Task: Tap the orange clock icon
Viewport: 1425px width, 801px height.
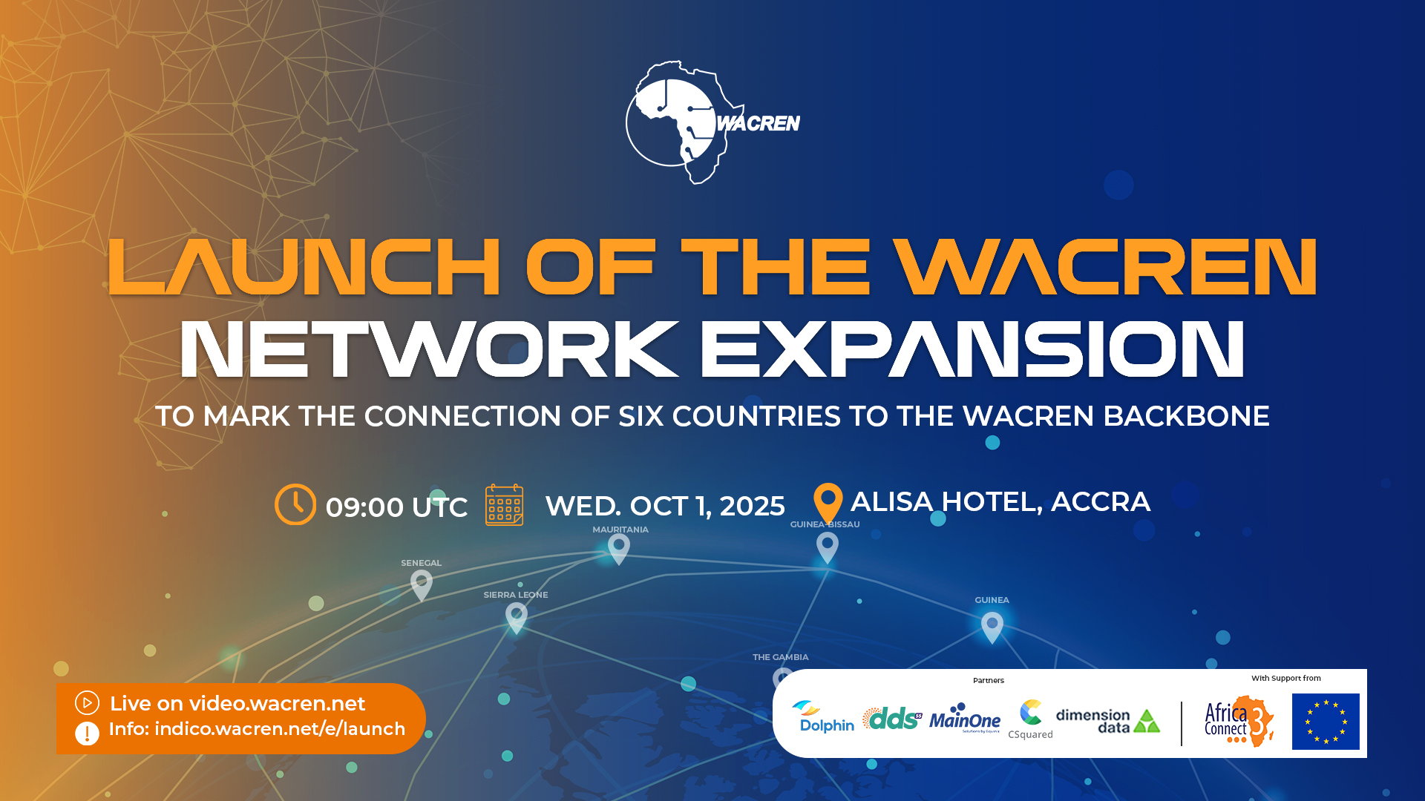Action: pos(295,504)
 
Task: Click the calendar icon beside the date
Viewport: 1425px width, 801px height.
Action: pos(504,505)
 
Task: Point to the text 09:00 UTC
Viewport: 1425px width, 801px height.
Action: pos(396,507)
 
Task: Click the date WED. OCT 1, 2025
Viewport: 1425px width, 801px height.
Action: pos(664,506)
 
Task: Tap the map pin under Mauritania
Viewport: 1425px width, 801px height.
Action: pos(619,548)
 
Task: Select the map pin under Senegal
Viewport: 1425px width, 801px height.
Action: pos(422,584)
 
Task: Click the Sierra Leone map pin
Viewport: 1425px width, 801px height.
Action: pos(517,616)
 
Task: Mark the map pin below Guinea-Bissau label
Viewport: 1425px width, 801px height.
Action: pos(827,547)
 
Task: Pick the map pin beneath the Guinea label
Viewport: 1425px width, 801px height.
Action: pos(992,626)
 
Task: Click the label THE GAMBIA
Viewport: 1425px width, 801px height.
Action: pos(780,657)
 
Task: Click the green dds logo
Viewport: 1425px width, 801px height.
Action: pos(892,718)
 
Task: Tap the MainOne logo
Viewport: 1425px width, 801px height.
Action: pos(965,718)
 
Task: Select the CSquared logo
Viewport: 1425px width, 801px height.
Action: pos(1030,718)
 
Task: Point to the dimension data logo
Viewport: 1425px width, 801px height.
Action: pos(1107,720)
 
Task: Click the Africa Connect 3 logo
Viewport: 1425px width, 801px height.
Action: pos(1238,721)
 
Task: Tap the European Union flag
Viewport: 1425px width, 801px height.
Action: pos(1326,722)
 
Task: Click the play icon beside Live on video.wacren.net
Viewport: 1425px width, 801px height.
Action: pos(87,702)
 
